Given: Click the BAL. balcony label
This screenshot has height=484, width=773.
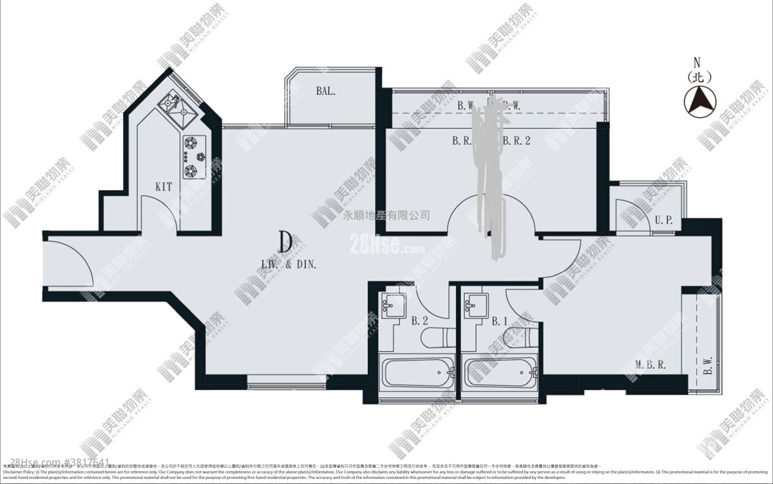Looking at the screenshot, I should [x=326, y=91].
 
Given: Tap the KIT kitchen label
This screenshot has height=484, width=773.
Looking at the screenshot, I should [x=164, y=187].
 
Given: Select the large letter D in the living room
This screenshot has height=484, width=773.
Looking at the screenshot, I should [x=287, y=242].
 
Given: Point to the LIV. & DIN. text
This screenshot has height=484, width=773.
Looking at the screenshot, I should [x=288, y=263].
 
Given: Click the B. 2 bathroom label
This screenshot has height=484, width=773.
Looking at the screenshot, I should [x=420, y=320].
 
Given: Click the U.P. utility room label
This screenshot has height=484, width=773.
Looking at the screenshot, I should [x=663, y=220].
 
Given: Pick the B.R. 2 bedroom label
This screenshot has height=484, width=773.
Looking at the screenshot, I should [x=516, y=140].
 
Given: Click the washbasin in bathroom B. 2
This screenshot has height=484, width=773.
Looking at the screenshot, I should [x=392, y=304].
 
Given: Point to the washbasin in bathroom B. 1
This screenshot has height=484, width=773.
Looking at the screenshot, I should [x=475, y=304].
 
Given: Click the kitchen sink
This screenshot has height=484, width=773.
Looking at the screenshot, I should [x=178, y=106].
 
